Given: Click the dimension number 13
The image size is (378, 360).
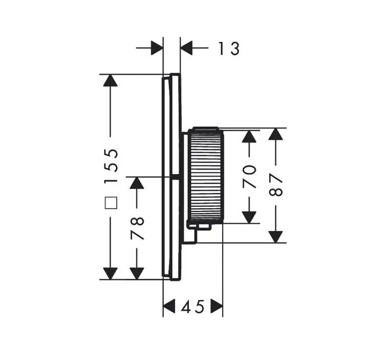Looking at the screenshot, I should point(229,49).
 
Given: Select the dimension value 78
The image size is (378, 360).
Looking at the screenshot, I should point(137,228).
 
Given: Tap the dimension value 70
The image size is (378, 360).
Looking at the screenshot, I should point(249,176).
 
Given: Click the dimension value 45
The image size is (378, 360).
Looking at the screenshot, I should point(193,307).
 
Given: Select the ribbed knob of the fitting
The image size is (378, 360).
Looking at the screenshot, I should point(206,174).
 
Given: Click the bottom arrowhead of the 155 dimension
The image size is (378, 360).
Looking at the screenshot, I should point(110,273).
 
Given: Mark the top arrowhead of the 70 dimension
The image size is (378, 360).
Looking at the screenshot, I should point(249,136).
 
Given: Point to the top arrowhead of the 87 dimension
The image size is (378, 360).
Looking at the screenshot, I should point(275,135).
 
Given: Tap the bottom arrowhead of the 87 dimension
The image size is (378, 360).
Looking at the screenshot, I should point(275,236).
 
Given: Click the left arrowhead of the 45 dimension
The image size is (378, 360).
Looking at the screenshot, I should point(170,307).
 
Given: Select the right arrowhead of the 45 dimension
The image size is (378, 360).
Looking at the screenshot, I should point(216,307).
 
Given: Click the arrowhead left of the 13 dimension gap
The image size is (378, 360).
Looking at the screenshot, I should point(156,48).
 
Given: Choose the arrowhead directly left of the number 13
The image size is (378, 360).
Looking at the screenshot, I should point(187,48).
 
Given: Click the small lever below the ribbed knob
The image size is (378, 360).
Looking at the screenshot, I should point(200,227).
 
